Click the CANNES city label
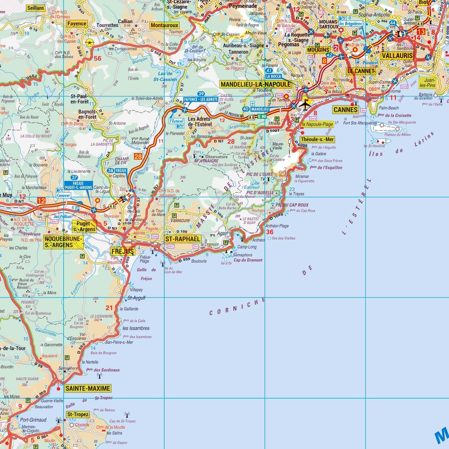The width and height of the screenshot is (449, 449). point(345,110)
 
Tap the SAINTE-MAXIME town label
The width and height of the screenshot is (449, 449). point(88,388)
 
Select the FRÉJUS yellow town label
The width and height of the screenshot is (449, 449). point(122,251)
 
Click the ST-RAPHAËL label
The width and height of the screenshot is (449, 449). point(183,239)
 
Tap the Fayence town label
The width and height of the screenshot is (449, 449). point(77,24)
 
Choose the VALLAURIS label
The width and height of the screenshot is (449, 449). point(397,56)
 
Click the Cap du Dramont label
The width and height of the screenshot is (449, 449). point(248,260)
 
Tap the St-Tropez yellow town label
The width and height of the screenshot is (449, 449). point(78,414)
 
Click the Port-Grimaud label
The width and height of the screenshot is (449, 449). point(33,420)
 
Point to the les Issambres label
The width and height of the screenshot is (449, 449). point(136,328)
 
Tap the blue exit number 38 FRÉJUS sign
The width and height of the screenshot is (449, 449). point(117,171)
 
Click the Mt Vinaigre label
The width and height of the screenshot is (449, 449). point(206,161)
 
